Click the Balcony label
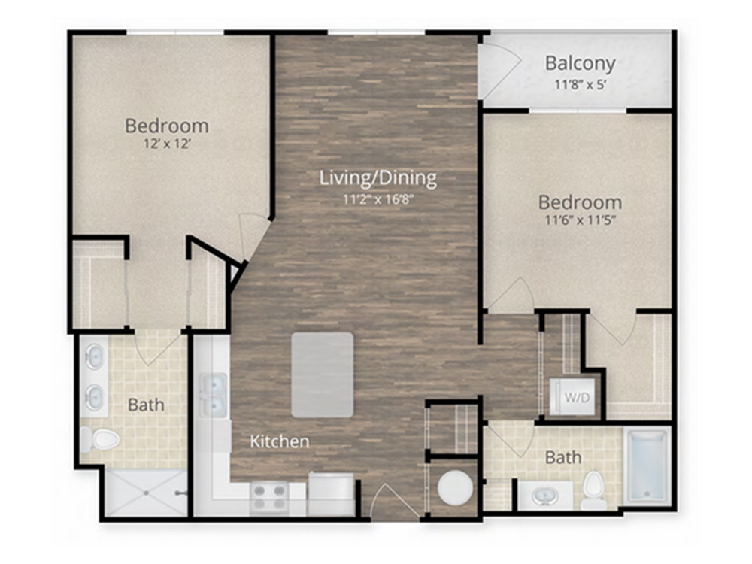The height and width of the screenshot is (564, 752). pyautogui.click(x=581, y=64)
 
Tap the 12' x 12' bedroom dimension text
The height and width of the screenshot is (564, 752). pyautogui.click(x=168, y=144)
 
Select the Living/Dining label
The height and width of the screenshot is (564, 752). pyautogui.click(x=378, y=178)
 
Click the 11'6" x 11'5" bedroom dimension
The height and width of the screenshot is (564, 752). pyautogui.click(x=581, y=220)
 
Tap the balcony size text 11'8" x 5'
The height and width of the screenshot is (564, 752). pyautogui.click(x=581, y=85)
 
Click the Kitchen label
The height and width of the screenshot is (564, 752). pyautogui.click(x=280, y=441)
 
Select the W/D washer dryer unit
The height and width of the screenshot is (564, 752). pyautogui.click(x=574, y=396)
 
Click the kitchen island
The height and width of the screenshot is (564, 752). pyautogui.click(x=323, y=375)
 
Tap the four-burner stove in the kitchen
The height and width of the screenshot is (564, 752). pyautogui.click(x=269, y=497)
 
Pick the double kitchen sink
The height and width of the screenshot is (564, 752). pyautogui.click(x=214, y=396)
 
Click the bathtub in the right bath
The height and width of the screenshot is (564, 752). pyautogui.click(x=647, y=465)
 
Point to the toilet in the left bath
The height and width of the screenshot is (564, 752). pyautogui.click(x=100, y=439)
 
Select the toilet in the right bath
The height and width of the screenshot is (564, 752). pyautogui.click(x=594, y=490)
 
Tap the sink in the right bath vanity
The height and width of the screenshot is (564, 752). pyautogui.click(x=544, y=496)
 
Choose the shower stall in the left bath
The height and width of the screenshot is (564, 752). pyautogui.click(x=146, y=493)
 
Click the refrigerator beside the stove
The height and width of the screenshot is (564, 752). pyautogui.click(x=331, y=494)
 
